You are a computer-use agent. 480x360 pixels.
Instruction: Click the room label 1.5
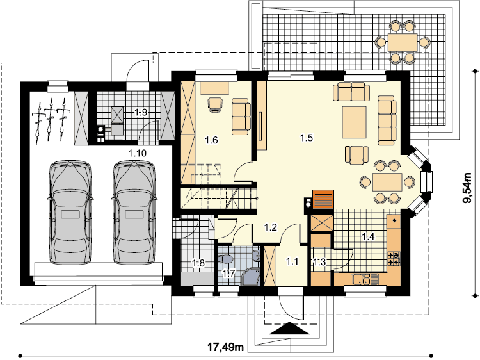point(306,138)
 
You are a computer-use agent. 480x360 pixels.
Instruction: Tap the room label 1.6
point(211,140)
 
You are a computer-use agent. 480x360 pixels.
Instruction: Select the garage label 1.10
point(137,153)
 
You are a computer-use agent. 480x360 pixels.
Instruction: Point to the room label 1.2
point(271,227)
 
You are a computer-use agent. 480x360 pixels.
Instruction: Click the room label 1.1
point(292,261)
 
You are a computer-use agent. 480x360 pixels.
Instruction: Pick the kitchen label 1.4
point(368,236)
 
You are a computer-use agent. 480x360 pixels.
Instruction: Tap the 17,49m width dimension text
point(226,347)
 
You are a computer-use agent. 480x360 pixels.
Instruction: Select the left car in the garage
point(70,212)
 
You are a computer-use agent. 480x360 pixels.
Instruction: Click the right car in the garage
point(134,212)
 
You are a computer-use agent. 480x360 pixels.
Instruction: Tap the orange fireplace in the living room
point(323,199)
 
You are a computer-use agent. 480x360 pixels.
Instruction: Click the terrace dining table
point(403,42)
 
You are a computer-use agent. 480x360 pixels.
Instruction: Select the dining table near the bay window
point(387,182)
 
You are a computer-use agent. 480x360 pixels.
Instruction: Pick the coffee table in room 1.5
point(354,122)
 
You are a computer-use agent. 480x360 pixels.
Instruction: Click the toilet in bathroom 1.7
point(226,259)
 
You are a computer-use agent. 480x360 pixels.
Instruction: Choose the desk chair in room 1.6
point(216,105)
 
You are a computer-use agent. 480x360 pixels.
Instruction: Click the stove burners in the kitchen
point(394,258)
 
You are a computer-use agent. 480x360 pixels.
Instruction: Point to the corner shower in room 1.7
point(251,277)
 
